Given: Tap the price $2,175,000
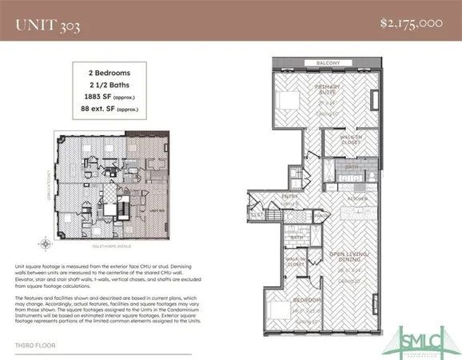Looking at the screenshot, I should coord(412,23).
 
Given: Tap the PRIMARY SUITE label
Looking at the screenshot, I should coord(329,90).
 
